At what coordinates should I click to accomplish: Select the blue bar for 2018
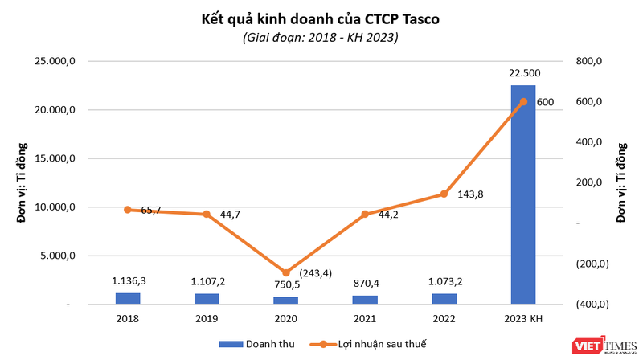pos(127,299)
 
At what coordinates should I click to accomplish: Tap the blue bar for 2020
pos(285,301)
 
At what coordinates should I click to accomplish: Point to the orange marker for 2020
pos(285,272)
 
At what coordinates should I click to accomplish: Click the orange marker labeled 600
pos(523,101)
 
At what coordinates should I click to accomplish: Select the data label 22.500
pos(523,73)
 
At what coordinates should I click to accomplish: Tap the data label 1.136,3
pos(127,281)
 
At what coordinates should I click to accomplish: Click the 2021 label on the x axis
pos(364,318)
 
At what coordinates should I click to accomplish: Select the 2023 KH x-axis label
pos(523,318)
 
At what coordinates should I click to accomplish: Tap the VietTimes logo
pos(600,345)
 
